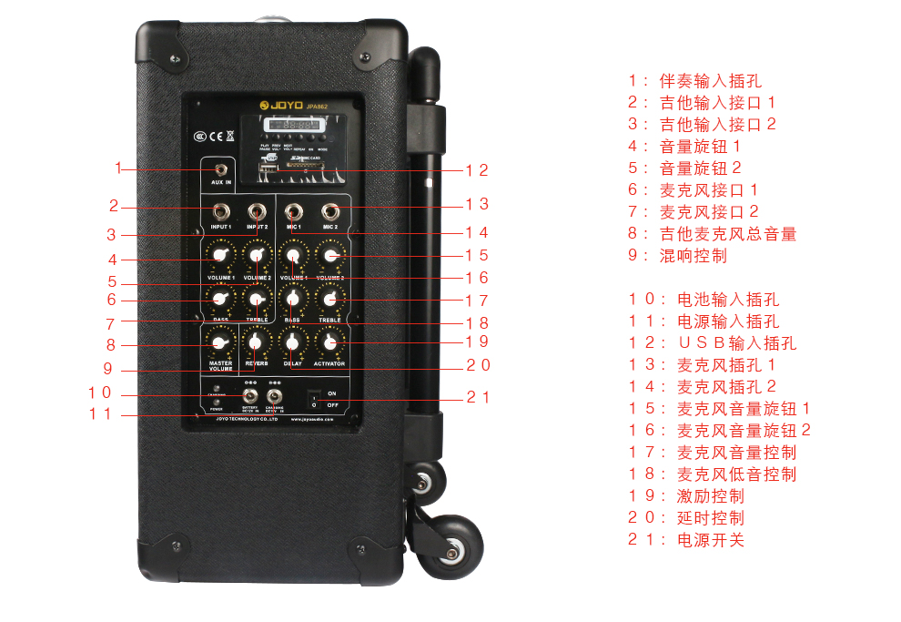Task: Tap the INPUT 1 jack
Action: [221, 211]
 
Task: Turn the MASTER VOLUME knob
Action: [219, 343]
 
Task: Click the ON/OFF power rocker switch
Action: [312, 398]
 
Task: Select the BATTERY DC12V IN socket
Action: [249, 395]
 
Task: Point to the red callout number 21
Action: [478, 397]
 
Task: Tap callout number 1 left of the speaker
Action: [118, 168]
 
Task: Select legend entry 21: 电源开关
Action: [686, 539]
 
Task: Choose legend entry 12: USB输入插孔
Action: [712, 342]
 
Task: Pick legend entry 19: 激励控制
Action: [686, 495]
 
